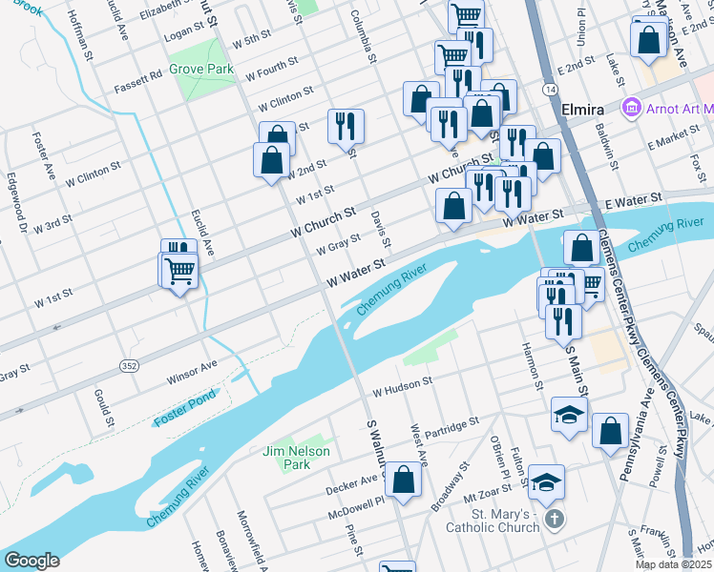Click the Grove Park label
(201, 70)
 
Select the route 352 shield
(128, 366)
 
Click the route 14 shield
(552, 88)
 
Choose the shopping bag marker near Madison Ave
(649, 40)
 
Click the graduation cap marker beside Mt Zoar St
(548, 481)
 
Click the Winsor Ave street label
(192, 371)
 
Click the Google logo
(31, 561)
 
